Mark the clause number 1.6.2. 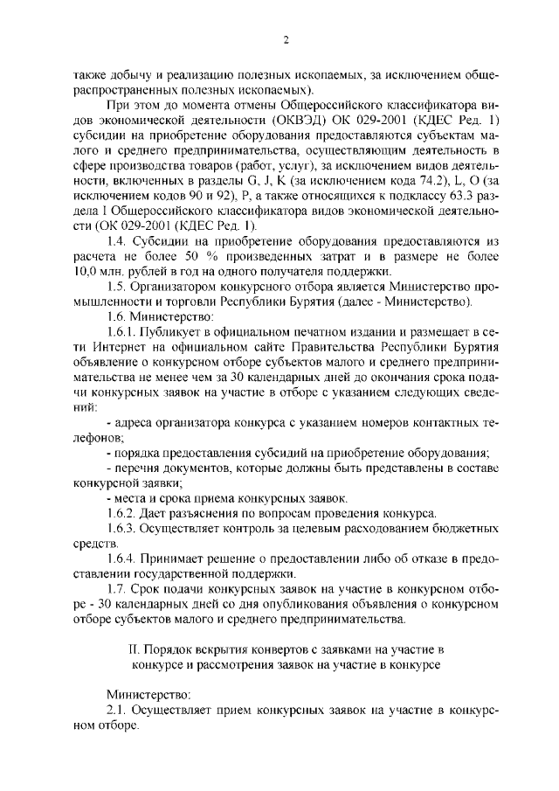coord(122,512)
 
